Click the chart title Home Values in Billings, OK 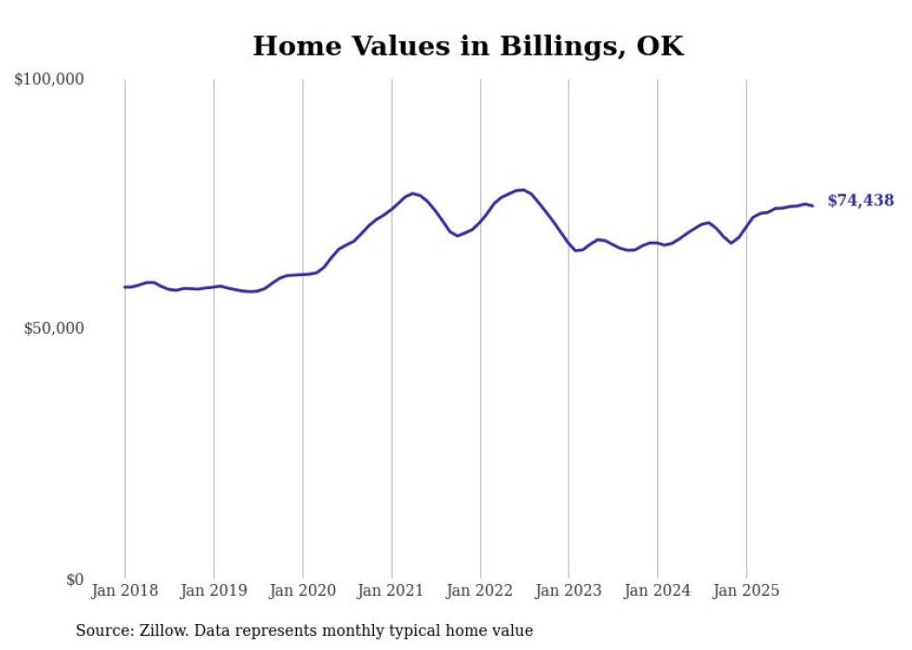point(468,46)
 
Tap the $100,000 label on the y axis point(49,80)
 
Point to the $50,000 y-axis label point(53,329)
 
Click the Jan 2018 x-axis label point(125,590)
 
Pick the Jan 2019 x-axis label point(214,590)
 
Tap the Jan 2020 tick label point(302,590)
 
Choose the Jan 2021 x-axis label point(392,590)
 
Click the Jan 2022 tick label point(480,590)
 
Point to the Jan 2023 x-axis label point(569,590)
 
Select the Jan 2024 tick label point(658,590)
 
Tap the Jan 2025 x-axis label point(746,590)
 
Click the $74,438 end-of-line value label point(860,201)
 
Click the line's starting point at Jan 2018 point(125,286)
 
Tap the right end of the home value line point(812,206)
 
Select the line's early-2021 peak point(413,193)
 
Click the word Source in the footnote point(103,630)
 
